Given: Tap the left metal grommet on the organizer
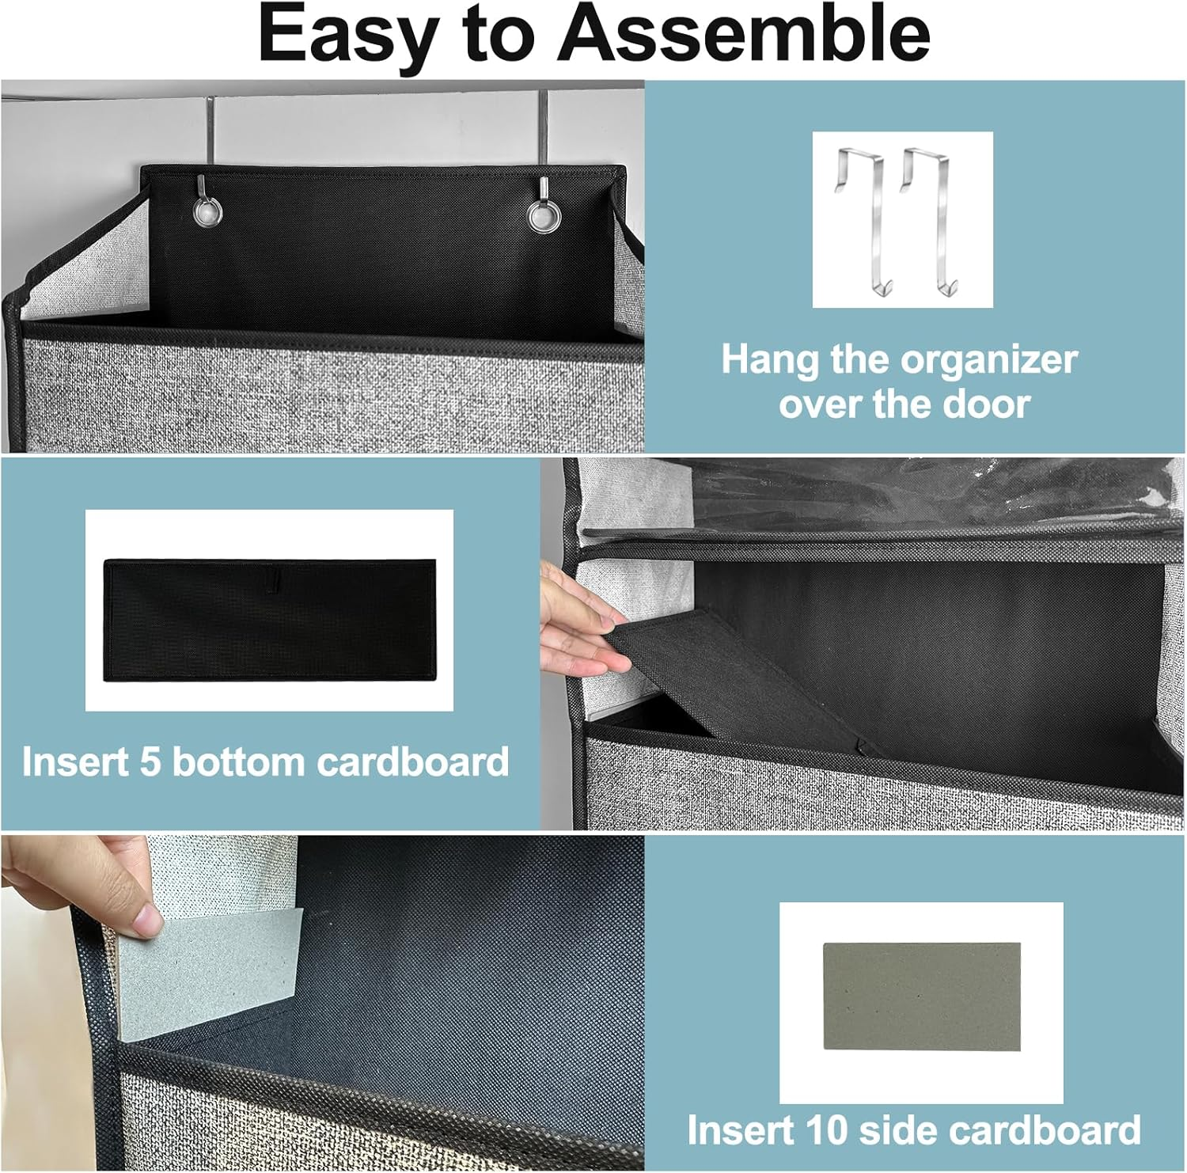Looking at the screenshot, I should click(x=207, y=212).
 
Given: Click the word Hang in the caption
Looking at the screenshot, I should click(x=769, y=360).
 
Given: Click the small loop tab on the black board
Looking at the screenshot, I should click(x=272, y=582).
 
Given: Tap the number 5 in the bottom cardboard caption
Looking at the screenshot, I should click(x=150, y=762).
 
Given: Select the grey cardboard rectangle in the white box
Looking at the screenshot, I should click(x=921, y=996).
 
